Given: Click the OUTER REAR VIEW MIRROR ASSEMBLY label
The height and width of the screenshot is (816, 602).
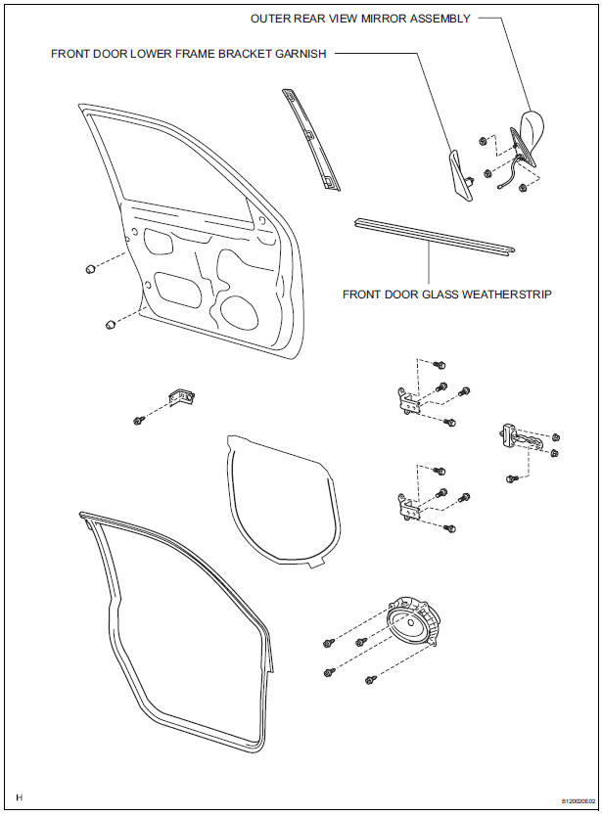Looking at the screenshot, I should pos(359,19).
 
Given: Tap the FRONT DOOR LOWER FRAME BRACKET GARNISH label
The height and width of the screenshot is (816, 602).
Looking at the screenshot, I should pos(189,55).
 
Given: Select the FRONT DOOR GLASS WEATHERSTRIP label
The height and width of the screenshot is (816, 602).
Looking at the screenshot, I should pos(447,293).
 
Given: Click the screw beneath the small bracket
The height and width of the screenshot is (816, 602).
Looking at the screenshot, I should pos(139,421).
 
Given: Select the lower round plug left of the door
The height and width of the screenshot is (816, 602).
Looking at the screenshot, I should pos(109,325).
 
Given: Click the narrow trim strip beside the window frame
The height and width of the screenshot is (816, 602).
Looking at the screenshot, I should pos(308,137).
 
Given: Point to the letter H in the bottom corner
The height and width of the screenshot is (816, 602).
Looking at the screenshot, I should pos(19,798).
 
